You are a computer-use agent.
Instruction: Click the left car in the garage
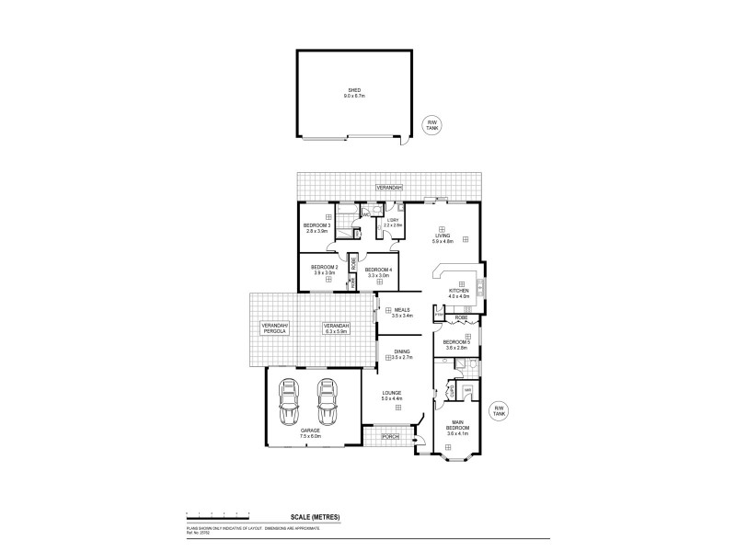(x=289, y=401)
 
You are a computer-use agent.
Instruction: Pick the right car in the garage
(x=326, y=401)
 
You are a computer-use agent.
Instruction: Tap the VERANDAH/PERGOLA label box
(x=274, y=330)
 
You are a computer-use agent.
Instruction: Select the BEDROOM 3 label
(x=316, y=225)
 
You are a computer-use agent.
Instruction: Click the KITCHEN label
(x=459, y=291)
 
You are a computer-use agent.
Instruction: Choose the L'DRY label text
(x=392, y=220)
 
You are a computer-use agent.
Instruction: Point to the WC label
(x=366, y=214)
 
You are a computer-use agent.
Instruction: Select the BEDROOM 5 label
(x=457, y=342)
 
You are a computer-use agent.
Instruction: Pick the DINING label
(x=402, y=351)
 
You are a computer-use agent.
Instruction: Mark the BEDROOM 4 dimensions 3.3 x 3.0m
(x=379, y=275)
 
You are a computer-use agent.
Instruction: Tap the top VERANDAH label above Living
(x=385, y=187)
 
